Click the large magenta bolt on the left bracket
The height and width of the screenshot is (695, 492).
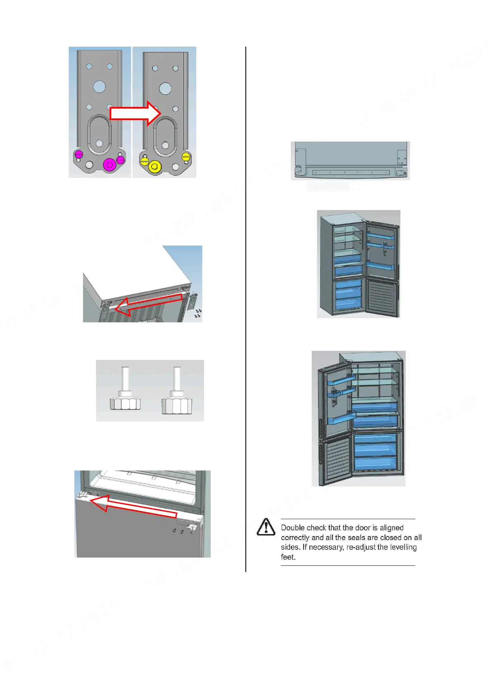point(109,165)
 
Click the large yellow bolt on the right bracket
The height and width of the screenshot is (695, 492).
point(154,166)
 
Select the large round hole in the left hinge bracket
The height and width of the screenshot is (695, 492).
point(99,87)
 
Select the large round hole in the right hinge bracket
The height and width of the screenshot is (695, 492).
point(165,88)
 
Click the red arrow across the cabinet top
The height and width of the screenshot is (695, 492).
point(148,305)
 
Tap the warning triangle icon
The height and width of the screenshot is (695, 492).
point(266,527)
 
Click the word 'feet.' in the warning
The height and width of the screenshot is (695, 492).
point(288,557)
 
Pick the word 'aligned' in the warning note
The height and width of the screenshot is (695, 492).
point(391,528)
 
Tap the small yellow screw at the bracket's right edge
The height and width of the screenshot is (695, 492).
point(186,157)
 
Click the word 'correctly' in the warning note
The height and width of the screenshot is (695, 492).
point(295,537)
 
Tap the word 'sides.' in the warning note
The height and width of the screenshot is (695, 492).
point(290,547)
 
